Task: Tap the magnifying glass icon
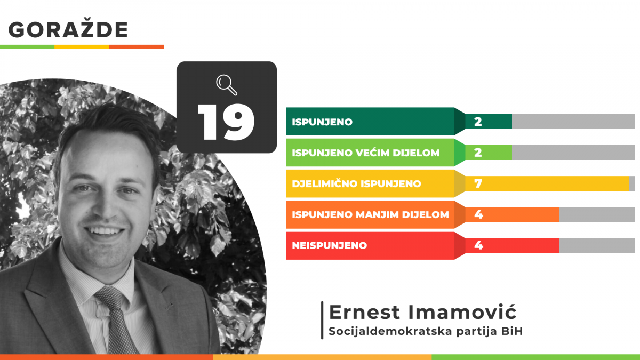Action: pyautogui.click(x=227, y=85)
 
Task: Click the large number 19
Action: pyautogui.click(x=226, y=122)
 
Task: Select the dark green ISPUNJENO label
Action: pyautogui.click(x=322, y=122)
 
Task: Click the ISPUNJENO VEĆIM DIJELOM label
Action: pyautogui.click(x=366, y=153)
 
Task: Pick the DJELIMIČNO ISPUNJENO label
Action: pyautogui.click(x=356, y=183)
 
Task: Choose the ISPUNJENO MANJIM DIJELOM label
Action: pyautogui.click(x=370, y=214)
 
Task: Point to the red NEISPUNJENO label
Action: pyautogui.click(x=330, y=245)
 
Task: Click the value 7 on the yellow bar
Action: pyautogui.click(x=478, y=183)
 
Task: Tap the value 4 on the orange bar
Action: pyautogui.click(x=478, y=214)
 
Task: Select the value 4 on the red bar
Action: pyautogui.click(x=478, y=245)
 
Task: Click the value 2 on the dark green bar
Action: pyautogui.click(x=478, y=122)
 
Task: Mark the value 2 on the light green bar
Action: pyautogui.click(x=478, y=153)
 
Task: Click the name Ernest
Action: pyautogui.click(x=364, y=312)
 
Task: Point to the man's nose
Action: pyautogui.click(x=106, y=206)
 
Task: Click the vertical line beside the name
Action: pyautogui.click(x=322, y=320)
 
